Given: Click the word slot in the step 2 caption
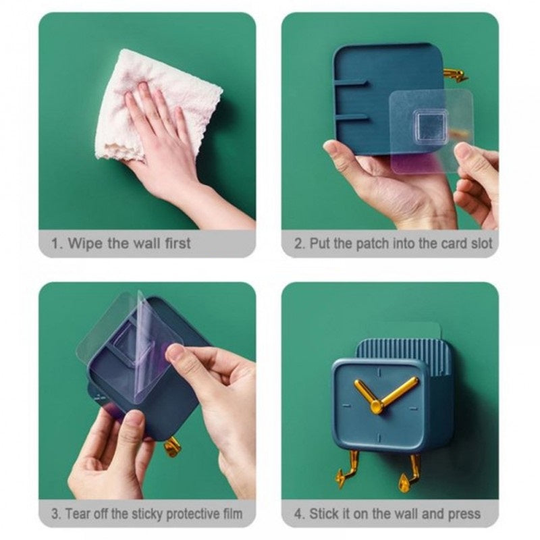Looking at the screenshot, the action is click(481, 244).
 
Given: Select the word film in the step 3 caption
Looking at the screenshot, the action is click(233, 514).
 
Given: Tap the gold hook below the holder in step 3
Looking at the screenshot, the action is click(172, 446).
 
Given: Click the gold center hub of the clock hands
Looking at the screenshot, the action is click(377, 407).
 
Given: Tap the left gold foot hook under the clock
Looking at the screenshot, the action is click(347, 469).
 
